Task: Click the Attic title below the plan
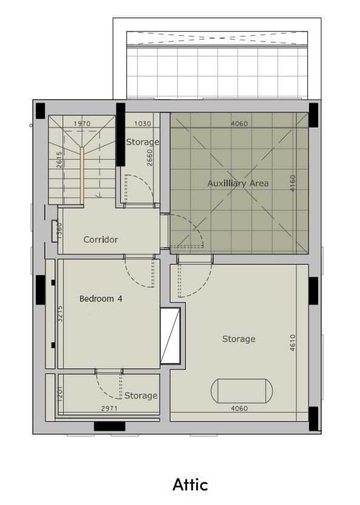(190, 484)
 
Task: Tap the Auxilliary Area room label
(238, 183)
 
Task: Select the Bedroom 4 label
(101, 299)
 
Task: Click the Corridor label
(100, 239)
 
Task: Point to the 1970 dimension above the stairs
(82, 123)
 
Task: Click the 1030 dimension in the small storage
(142, 123)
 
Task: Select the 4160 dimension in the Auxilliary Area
(293, 183)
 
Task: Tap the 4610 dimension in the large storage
(293, 342)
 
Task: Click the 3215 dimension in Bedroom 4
(60, 313)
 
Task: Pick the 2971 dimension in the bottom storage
(109, 408)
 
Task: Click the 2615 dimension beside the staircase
(59, 160)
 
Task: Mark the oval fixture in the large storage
(242, 391)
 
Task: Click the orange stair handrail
(82, 175)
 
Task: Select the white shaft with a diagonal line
(170, 336)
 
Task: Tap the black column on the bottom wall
(109, 427)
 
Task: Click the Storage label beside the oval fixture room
(239, 339)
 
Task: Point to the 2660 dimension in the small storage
(149, 157)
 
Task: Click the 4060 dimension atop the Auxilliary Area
(239, 123)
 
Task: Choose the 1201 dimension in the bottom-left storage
(60, 393)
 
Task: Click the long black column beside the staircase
(120, 135)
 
